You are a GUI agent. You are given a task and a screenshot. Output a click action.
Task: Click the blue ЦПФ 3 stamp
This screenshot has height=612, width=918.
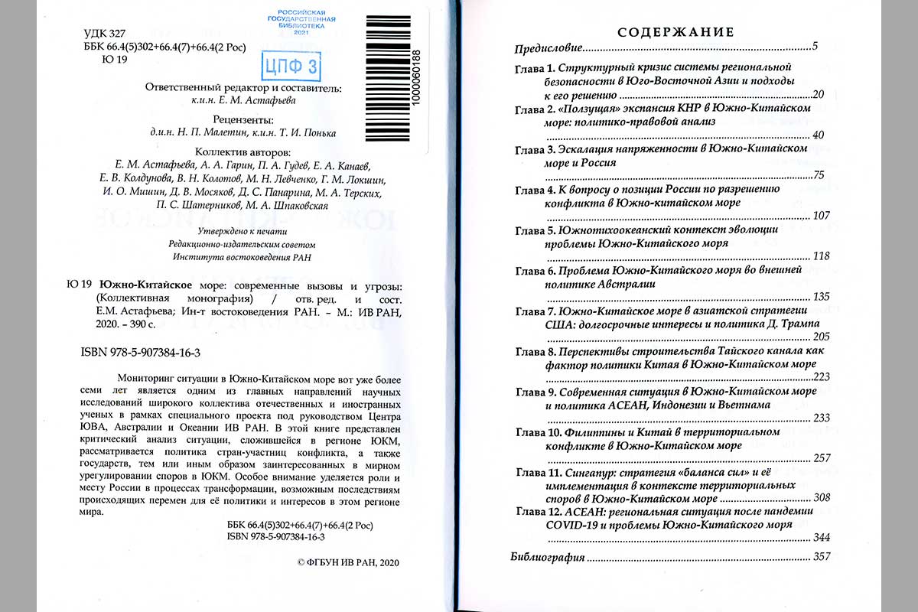(291, 67)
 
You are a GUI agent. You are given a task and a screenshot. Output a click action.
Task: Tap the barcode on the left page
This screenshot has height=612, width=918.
(386, 76)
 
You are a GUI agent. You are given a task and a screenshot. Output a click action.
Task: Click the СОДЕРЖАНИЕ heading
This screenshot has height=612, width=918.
(675, 32)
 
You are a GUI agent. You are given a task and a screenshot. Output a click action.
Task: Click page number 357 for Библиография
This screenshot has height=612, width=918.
(822, 557)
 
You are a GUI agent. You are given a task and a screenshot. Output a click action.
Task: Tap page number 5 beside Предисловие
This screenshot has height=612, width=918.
(815, 48)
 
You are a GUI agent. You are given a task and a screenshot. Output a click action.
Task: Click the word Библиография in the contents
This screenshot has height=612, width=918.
(548, 557)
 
